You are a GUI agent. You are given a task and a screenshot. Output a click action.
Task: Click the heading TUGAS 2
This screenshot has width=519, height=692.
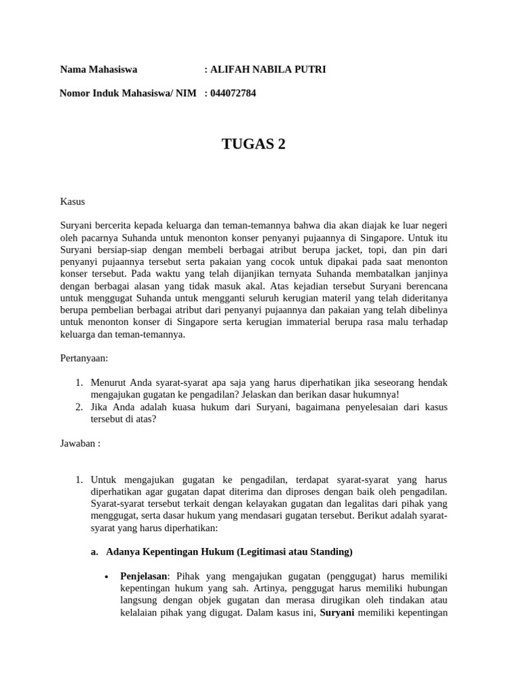(x=253, y=144)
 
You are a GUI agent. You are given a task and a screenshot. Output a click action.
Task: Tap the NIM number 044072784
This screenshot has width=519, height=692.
(x=233, y=93)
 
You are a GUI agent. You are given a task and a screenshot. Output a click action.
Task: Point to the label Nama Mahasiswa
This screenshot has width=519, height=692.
(x=99, y=70)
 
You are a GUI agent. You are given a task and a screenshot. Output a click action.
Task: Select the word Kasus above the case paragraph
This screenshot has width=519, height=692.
(x=73, y=201)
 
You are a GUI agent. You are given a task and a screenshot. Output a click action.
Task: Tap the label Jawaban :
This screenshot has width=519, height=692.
(x=80, y=443)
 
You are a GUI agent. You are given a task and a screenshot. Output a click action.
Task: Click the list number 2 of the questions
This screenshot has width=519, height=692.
(x=79, y=407)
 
